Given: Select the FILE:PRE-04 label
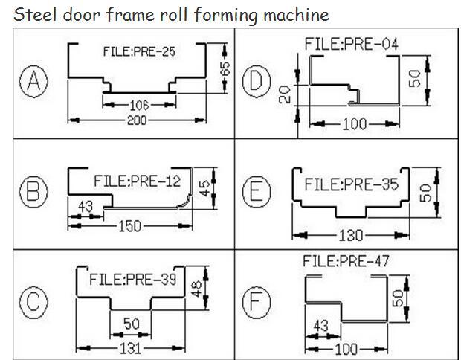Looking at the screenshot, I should coord(351,45).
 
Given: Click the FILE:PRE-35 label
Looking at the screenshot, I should coord(351,184).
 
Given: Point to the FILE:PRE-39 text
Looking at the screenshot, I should coord(133,280).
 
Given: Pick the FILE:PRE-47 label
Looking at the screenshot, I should coord(346,261).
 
